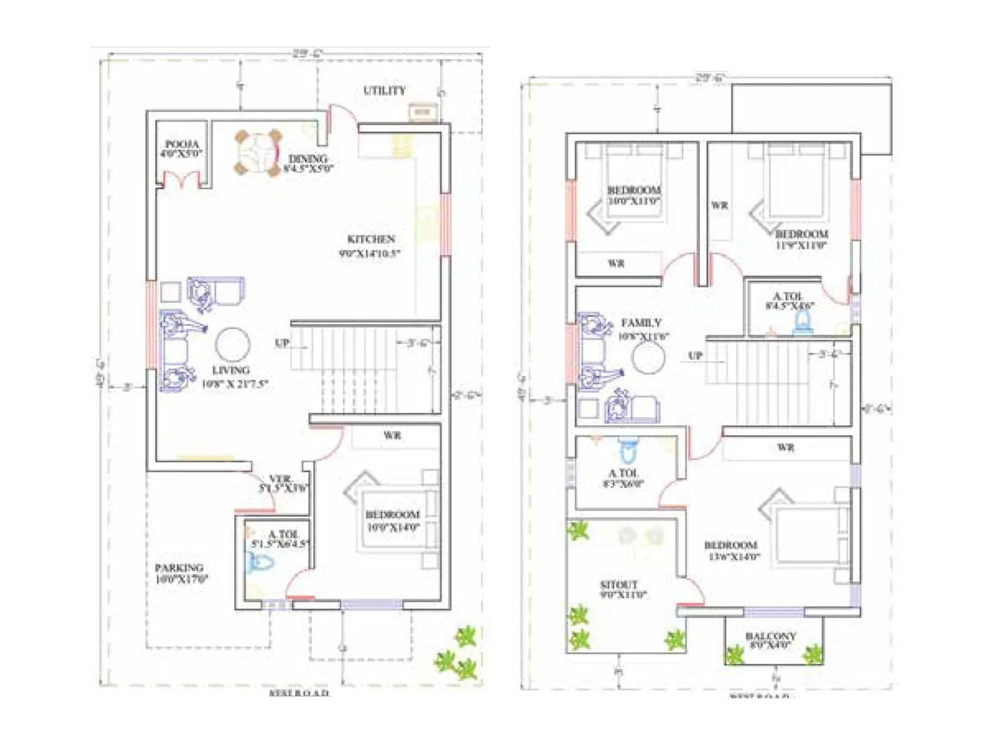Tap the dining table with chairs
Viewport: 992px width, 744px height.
(257, 153)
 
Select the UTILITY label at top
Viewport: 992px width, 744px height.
(384, 91)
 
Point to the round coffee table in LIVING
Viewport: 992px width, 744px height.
(232, 345)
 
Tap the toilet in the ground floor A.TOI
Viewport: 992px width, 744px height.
(260, 564)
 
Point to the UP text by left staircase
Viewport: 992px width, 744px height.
(282, 343)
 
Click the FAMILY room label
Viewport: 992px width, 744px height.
(642, 323)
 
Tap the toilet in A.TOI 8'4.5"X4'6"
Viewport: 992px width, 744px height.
(804, 322)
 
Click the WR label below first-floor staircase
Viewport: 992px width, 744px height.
(786, 447)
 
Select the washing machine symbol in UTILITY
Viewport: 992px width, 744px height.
(422, 112)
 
